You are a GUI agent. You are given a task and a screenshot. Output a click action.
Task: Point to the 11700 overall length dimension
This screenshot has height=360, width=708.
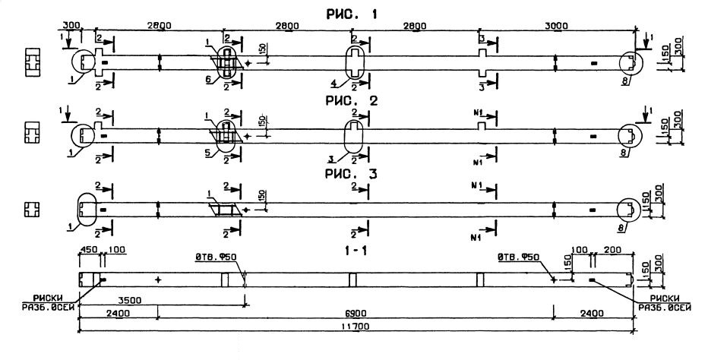(x=354, y=324)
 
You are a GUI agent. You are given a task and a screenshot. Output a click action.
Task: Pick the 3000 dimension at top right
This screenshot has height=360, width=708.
(x=557, y=26)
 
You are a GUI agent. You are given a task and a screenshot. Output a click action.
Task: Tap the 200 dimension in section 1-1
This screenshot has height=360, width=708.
(x=612, y=250)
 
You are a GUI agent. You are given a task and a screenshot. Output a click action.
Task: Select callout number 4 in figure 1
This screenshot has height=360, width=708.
(x=332, y=83)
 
